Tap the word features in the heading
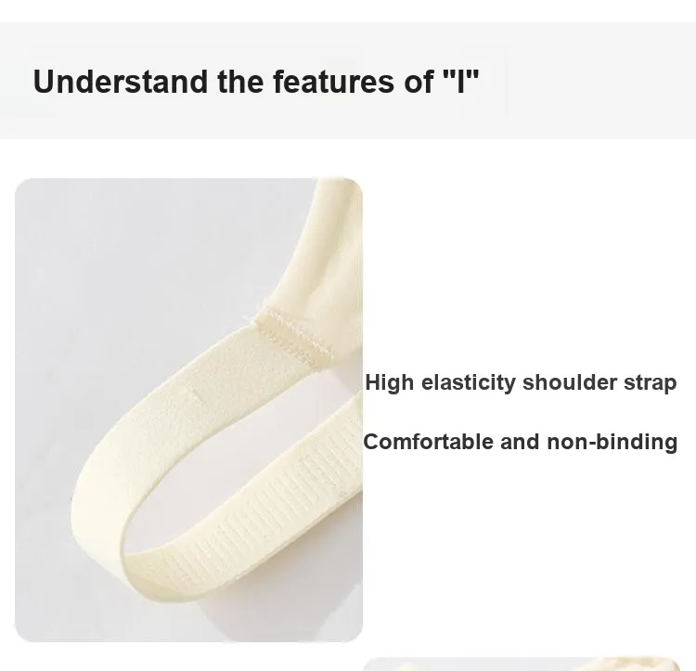point(333,82)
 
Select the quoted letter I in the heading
point(461,81)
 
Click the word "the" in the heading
point(240,82)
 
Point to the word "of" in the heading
point(419,82)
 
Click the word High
point(389,382)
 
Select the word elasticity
point(469,382)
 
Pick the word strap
point(651,383)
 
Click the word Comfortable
point(429,442)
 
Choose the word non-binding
point(612,443)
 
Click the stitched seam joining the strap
point(293,337)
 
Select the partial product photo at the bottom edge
point(522,664)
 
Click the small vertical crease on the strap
point(194,394)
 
